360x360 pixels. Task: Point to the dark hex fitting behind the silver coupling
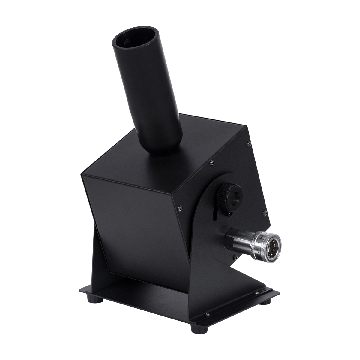coord(233,237)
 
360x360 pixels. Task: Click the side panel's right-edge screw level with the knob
coord(265,212)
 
